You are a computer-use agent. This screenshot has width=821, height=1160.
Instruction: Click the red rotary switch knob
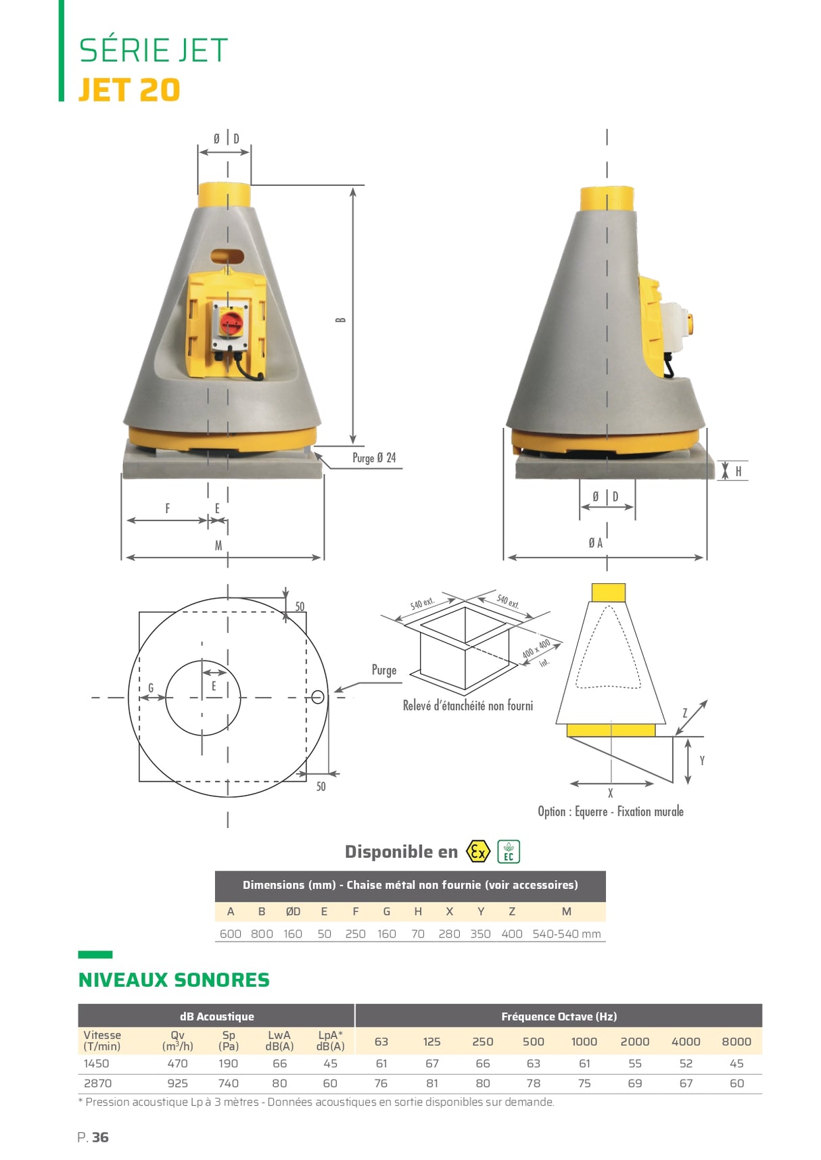[x=231, y=322]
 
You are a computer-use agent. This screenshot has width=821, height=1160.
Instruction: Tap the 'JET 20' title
[x=129, y=90]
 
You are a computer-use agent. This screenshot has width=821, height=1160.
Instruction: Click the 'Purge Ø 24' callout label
[x=374, y=458]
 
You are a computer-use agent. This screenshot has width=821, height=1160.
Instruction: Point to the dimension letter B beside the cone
[x=341, y=320]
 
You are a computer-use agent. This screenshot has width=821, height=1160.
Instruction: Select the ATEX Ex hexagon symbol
[x=478, y=851]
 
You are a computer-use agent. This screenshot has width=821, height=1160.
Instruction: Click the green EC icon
[x=509, y=851]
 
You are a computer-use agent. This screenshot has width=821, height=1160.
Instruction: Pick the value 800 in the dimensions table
[x=262, y=934]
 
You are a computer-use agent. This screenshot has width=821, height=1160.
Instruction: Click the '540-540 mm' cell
[x=567, y=934]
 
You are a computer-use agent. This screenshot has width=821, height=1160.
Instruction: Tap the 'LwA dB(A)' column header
[x=279, y=1040]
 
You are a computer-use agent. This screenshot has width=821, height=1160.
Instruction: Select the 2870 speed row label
[x=97, y=1083]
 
